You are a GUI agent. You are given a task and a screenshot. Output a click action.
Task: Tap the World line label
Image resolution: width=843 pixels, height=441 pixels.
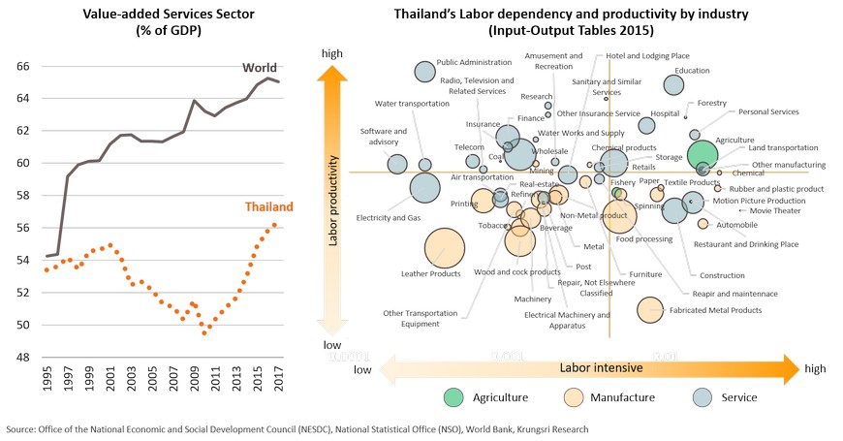[x=260, y=68]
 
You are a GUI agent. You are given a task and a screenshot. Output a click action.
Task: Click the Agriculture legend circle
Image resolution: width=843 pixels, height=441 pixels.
[x=453, y=396]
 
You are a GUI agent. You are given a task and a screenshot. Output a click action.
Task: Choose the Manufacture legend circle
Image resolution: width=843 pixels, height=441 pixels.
[x=573, y=396]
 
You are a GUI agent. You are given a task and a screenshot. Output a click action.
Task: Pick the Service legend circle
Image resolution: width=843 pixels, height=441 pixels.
[x=706, y=396]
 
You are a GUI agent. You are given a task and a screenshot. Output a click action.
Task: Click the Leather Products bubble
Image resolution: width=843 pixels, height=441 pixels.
[x=445, y=248]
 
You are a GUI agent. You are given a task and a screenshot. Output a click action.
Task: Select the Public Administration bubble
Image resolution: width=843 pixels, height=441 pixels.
[x=424, y=71]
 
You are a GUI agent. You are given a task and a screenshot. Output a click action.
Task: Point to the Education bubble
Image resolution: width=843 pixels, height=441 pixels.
[x=673, y=84]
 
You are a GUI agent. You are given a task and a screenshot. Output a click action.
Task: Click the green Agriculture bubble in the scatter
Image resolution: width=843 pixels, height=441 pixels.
[x=703, y=154]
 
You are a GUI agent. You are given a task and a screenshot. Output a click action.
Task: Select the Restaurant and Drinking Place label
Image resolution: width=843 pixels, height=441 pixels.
[x=752, y=244]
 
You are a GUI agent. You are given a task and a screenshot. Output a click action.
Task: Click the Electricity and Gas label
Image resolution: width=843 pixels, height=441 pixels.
[x=389, y=218]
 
